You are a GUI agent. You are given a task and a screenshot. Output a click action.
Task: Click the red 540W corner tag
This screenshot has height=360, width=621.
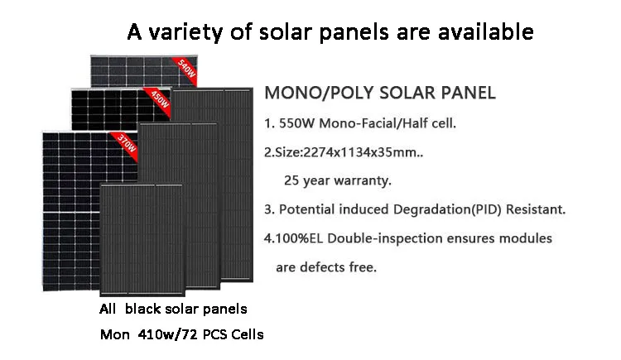pos(187,69)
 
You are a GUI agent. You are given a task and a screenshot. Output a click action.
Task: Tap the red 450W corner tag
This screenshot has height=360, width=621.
pos(160,99)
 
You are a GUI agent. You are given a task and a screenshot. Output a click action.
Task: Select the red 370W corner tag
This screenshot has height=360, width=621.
pos(127,142)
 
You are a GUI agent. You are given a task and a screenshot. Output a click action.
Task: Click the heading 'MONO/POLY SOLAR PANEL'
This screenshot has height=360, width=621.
pos(379,93)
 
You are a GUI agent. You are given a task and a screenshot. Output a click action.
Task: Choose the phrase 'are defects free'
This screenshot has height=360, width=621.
pos(325,267)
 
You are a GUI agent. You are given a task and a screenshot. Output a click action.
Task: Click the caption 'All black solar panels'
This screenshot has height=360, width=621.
pos(172,309)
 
